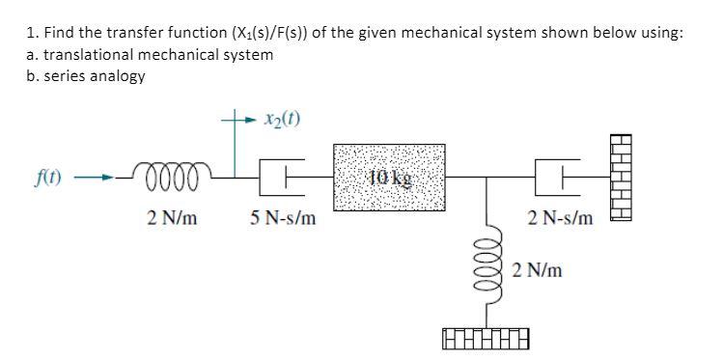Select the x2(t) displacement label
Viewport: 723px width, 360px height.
(281, 120)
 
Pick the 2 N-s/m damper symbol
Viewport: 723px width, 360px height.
(570, 178)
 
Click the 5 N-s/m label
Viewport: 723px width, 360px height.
(281, 219)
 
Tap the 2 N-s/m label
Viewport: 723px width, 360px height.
(561, 219)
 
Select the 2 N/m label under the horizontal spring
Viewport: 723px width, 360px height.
(173, 219)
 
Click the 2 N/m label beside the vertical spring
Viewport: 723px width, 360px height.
(539, 270)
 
